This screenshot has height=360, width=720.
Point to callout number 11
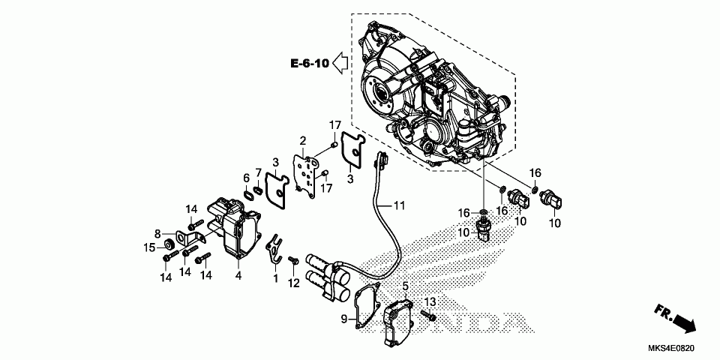coord(400,205)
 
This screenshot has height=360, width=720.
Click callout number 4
coord(238,275)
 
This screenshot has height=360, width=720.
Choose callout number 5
coord(405,286)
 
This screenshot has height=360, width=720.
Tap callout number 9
coord(345,319)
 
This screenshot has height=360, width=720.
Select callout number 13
coord(429,301)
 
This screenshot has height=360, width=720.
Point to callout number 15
coord(150,247)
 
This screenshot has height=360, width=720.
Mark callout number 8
coord(158,232)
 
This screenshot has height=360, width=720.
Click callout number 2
coord(303,140)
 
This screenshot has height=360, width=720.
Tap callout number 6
coord(245,178)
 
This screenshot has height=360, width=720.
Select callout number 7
coord(259,173)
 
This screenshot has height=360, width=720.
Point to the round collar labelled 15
coord(169,244)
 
